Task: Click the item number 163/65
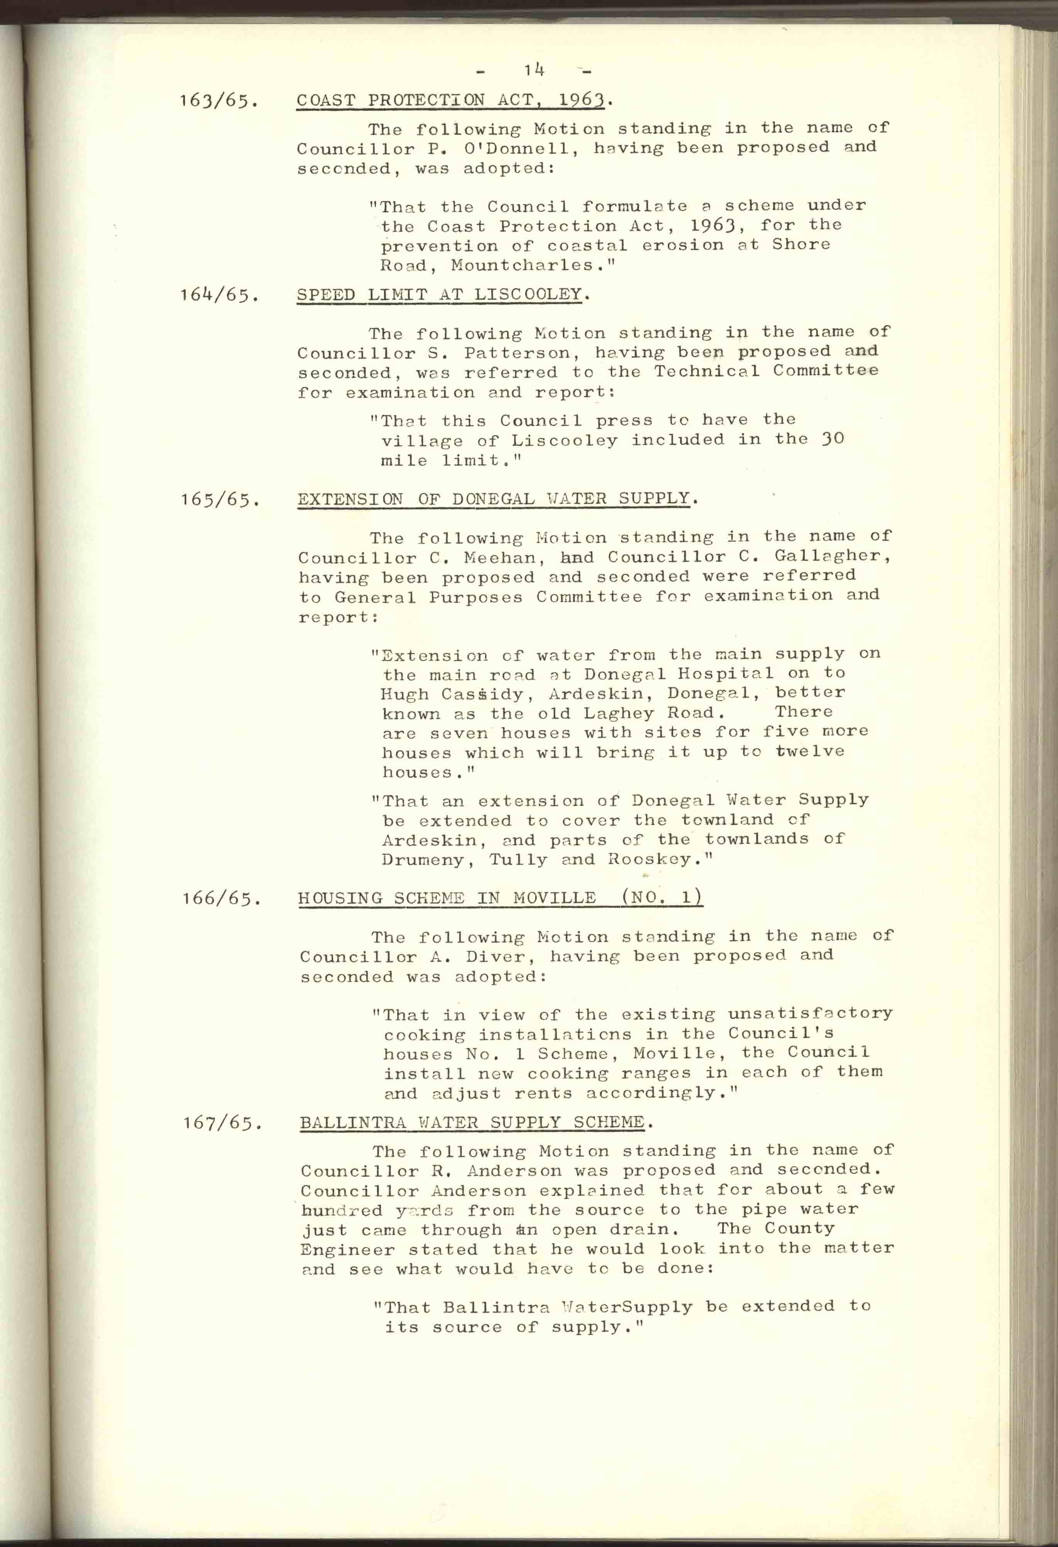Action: tap(218, 102)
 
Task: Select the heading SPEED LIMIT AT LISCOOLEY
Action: tap(439, 294)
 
